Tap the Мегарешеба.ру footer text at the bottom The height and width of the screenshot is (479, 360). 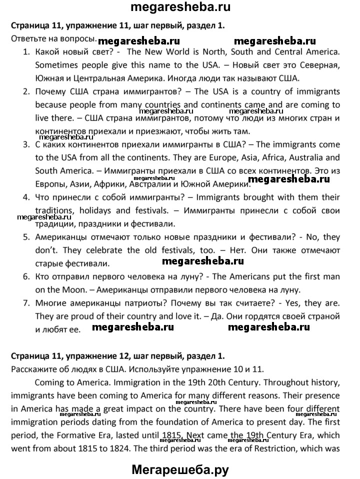[x=180, y=469]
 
